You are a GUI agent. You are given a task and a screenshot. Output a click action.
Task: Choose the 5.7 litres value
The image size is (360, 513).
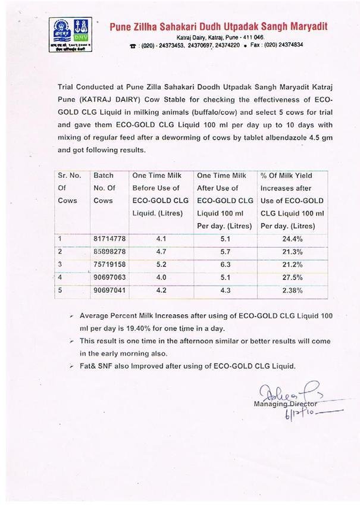tap(226, 250)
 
